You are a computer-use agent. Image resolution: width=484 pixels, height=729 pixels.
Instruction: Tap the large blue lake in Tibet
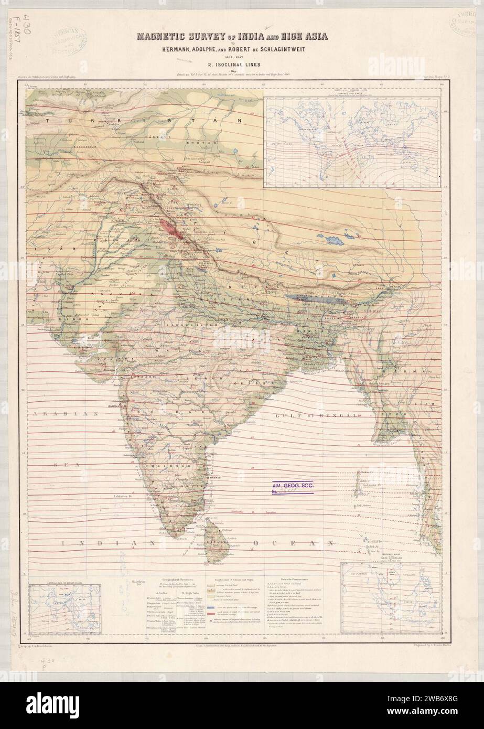[334, 239]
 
